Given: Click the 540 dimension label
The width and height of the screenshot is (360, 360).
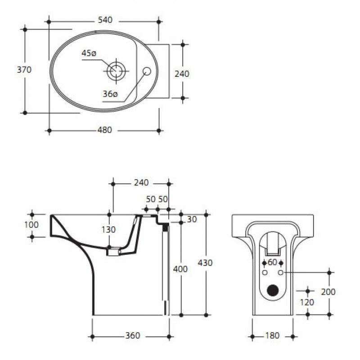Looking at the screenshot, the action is (x=105, y=20).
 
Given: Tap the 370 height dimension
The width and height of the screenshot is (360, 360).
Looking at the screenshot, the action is (x=24, y=70).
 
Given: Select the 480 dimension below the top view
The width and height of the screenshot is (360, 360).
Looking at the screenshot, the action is (x=105, y=130).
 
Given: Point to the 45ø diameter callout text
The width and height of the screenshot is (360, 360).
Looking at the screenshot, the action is (x=89, y=53).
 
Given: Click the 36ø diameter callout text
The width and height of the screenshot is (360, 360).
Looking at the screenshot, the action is (x=110, y=94).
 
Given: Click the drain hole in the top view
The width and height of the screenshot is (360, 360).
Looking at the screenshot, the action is (x=116, y=71).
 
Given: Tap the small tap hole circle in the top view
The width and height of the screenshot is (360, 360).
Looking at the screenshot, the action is (x=147, y=71).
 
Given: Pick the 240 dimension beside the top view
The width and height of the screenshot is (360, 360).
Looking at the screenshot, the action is (x=182, y=74).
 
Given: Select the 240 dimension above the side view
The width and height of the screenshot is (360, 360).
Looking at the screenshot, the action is (x=141, y=183).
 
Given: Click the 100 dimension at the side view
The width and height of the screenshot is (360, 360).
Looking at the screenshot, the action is (x=31, y=225).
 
